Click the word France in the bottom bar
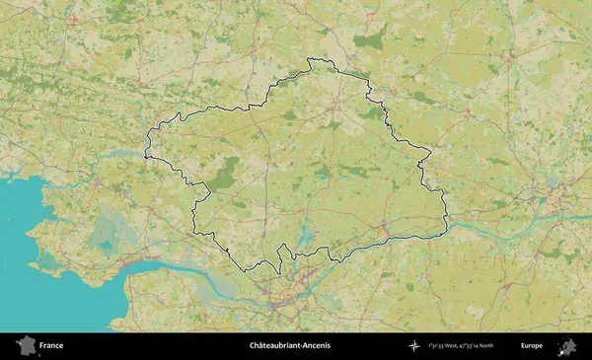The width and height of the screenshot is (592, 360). [x=51, y=346]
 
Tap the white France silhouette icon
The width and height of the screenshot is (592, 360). [x=26, y=345]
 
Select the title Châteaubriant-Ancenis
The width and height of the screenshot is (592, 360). [x=290, y=346]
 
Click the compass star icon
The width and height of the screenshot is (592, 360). [x=414, y=346]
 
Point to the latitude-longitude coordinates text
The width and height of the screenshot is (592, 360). [x=462, y=346]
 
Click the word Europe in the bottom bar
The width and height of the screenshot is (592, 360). [x=532, y=346]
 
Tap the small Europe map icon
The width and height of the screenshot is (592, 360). [x=568, y=345]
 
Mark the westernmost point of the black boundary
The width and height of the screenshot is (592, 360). [x=145, y=155]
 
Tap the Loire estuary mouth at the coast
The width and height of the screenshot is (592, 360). [x=128, y=268]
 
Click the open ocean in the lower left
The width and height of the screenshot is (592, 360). [x=30, y=247]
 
